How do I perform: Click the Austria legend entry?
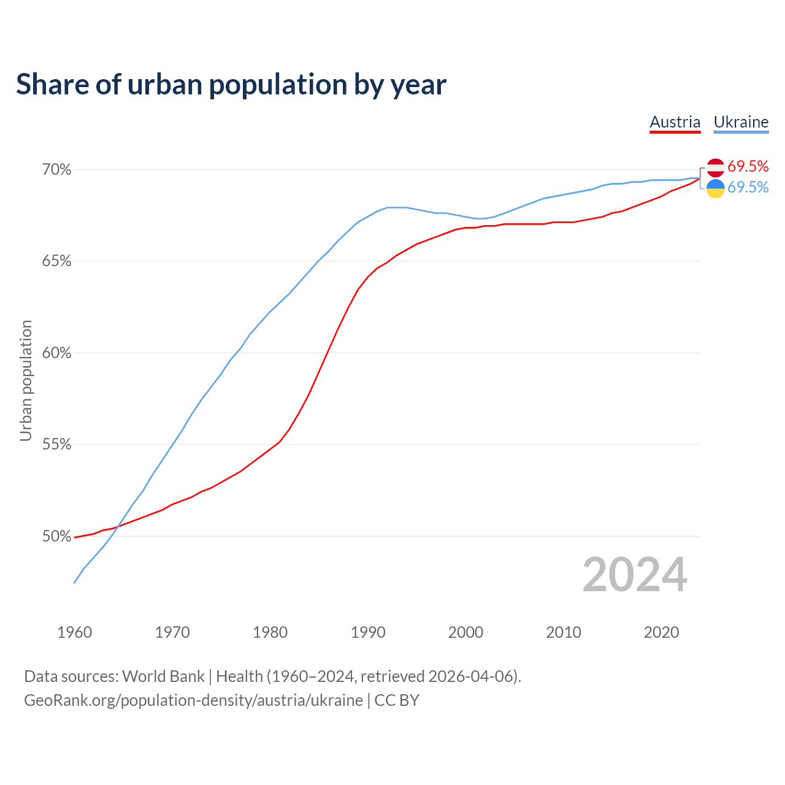tap(675, 122)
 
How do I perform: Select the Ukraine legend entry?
tap(741, 122)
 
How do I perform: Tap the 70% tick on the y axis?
tap(57, 170)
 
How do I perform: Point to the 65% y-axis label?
tap(57, 261)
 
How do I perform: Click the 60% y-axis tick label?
tap(57, 353)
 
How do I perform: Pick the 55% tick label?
tap(57, 445)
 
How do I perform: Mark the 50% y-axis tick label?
tap(57, 537)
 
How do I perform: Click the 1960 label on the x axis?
tap(74, 632)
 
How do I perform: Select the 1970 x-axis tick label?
tap(172, 632)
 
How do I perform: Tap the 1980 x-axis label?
tap(270, 632)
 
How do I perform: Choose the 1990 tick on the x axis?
tap(368, 632)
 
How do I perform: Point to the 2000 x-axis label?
tap(465, 632)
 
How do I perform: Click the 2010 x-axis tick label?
tap(564, 632)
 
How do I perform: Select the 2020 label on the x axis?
tap(661, 632)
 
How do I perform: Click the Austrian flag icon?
tap(716, 167)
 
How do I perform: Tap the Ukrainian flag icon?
tap(716, 188)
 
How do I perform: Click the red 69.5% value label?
tap(748, 166)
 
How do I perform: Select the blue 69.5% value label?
tap(748, 188)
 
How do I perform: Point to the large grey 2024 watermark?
tap(635, 575)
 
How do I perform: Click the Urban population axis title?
tap(26, 380)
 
